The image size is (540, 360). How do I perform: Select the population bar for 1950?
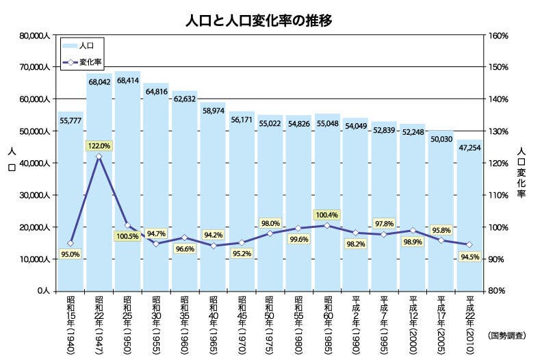tap(127, 185)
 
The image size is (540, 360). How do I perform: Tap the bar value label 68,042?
tap(99, 81)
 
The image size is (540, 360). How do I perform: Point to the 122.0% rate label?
tap(99, 145)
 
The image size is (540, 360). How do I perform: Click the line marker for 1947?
tap(99, 157)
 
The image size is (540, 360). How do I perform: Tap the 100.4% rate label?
tap(327, 215)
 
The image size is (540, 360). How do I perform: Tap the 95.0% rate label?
tap(70, 255)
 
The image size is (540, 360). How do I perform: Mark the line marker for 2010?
tap(470, 244)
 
